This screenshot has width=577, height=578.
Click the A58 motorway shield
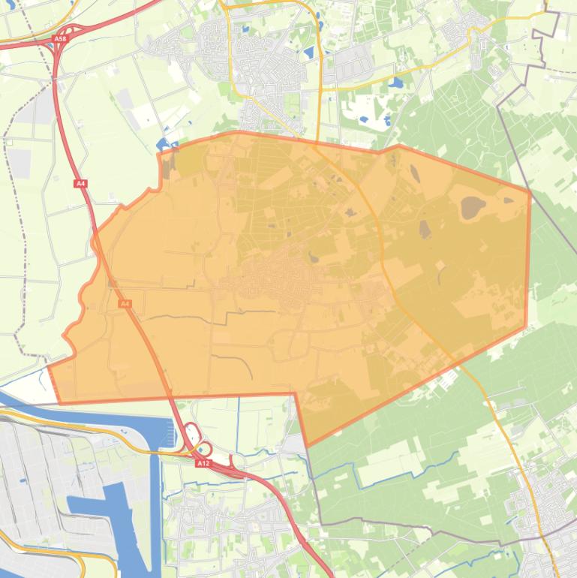pos(60,38)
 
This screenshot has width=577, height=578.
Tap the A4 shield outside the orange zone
pos(80,183)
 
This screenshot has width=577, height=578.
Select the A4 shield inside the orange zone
pos(125,303)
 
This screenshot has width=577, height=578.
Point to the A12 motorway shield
pos(203,463)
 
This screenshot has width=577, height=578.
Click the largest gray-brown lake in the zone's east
pos(473,207)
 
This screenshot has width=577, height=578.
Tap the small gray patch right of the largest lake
pos(509,200)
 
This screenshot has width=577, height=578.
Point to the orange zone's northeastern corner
pos(530,193)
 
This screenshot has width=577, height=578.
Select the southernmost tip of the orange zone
pos(307,446)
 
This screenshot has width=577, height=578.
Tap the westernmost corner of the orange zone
pos(50,366)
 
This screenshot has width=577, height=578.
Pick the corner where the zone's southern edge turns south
pos(294,393)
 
